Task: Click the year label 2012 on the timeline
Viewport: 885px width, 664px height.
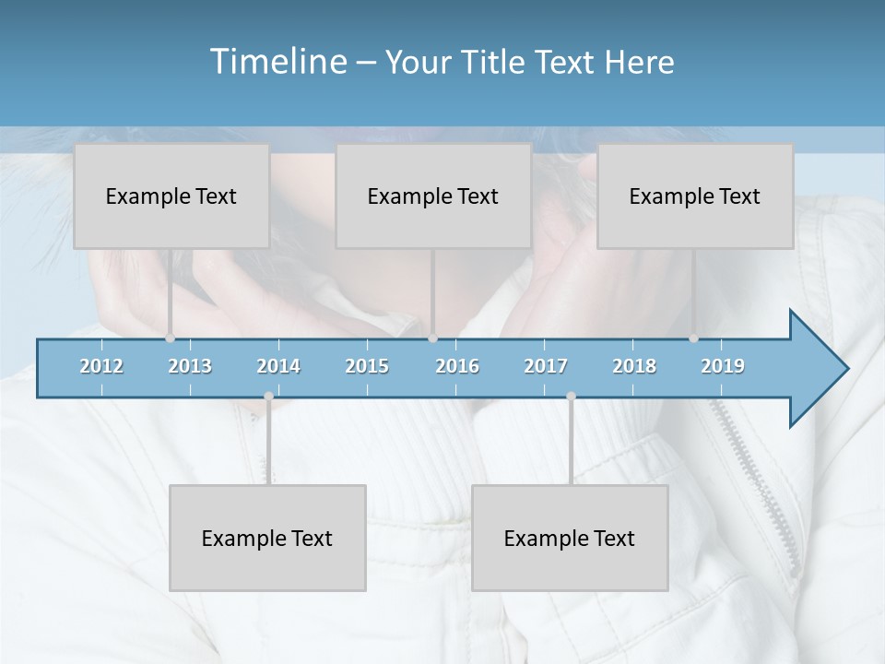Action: pos(101,366)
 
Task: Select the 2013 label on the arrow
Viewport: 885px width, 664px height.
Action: pos(190,366)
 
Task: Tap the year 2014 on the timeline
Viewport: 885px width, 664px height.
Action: pos(278,366)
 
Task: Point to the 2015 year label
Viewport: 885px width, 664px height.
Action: pos(367,366)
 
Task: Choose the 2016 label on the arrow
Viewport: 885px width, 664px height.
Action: pos(457,366)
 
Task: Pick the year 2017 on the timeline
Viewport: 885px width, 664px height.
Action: pos(546,366)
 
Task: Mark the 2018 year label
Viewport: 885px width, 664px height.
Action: pos(634,366)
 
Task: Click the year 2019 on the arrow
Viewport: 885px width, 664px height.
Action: pos(723,366)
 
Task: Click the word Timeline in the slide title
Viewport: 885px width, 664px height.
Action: pos(277,62)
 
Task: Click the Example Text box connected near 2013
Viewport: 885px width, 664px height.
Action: pos(171,196)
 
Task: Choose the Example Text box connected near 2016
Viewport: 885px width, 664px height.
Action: pos(433,196)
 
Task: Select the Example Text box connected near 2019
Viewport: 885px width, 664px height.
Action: pos(695,196)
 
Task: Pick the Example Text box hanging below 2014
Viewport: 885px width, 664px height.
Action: pos(267,538)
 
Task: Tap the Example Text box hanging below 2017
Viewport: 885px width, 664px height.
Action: pos(570,538)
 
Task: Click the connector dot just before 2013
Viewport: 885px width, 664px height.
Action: pos(170,338)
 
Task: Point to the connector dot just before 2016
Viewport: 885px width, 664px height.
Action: pos(432,338)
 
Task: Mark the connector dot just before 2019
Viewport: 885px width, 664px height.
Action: pos(693,338)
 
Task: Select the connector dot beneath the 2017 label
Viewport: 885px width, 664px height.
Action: pos(571,396)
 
